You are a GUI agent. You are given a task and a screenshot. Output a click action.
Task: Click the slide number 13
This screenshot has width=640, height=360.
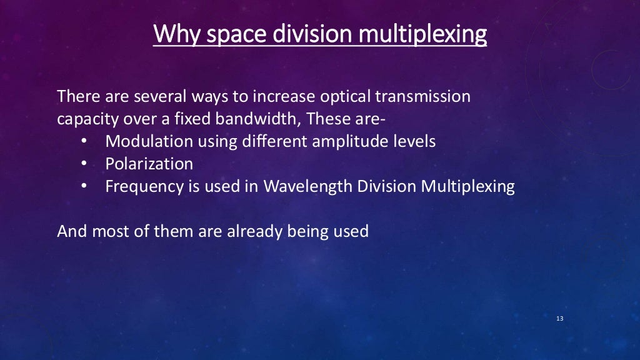click(559, 319)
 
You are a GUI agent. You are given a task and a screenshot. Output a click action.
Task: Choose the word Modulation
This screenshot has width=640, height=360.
click(149, 141)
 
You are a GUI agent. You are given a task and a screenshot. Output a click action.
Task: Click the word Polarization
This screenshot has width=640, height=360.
click(149, 164)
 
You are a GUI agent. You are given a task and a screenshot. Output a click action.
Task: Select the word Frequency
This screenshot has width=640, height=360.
click(142, 186)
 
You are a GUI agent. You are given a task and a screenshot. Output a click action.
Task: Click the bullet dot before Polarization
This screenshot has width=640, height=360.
click(84, 164)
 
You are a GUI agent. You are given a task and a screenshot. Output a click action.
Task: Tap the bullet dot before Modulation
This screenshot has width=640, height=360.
click(84, 142)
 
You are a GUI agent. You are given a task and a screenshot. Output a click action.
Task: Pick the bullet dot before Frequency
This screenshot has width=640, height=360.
click(84, 187)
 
